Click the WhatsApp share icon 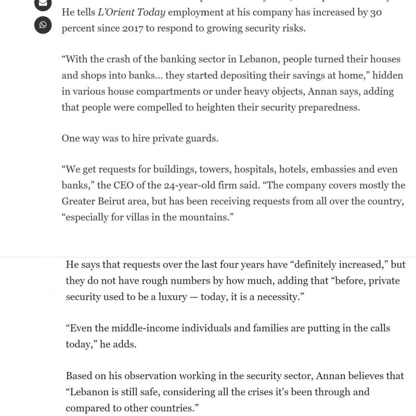(x=43, y=24)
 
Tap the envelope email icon (x=43, y=4)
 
